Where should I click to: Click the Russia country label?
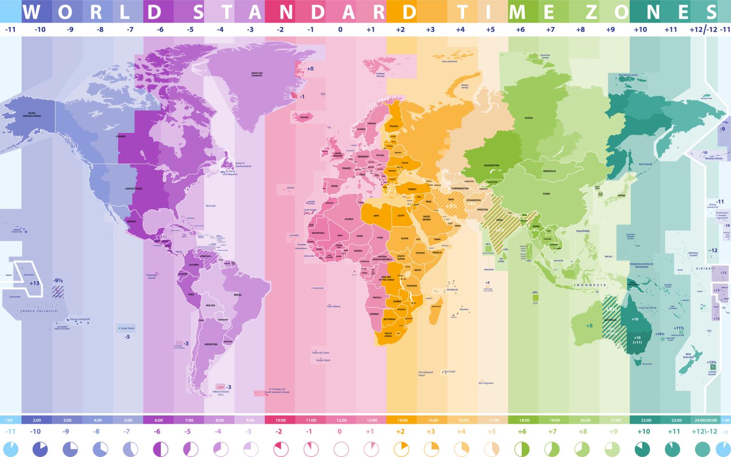point(529,118)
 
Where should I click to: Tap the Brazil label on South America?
point(238,295)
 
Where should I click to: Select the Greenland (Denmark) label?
point(257,74)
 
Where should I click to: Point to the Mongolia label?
point(549,171)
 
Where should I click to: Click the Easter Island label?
point(128,328)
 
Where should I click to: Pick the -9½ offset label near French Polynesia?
point(58,280)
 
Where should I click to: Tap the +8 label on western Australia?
point(589,326)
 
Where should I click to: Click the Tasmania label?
point(647,364)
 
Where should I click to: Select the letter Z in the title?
point(591,12)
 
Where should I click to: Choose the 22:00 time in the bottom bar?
point(646,420)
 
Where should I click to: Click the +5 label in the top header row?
point(490,29)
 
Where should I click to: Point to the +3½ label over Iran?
point(450,206)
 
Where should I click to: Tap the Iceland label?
point(304,117)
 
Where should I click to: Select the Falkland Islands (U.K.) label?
point(221,393)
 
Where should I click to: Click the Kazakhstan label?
point(491,165)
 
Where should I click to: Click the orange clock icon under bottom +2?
point(402,448)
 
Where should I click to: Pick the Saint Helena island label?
point(334,307)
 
